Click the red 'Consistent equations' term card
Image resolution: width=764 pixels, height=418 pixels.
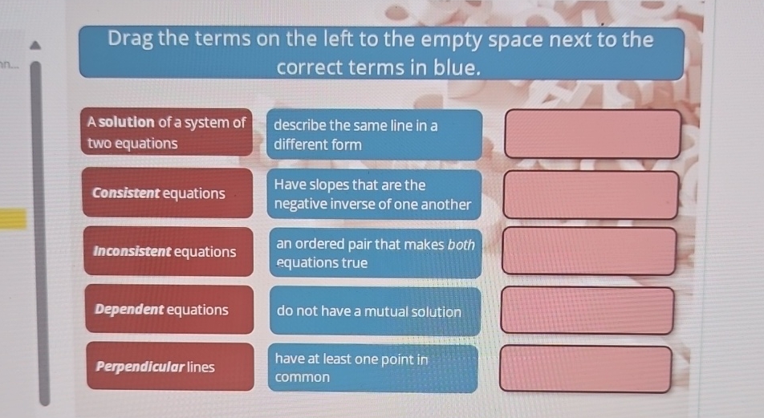pyautogui.click(x=167, y=193)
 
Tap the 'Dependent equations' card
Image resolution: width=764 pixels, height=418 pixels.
pyautogui.click(x=169, y=310)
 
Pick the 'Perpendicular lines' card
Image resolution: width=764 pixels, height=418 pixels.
pyautogui.click(x=169, y=367)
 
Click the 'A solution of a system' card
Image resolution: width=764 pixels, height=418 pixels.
pyautogui.click(x=167, y=133)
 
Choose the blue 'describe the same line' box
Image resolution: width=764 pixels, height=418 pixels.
pyautogui.click(x=374, y=135)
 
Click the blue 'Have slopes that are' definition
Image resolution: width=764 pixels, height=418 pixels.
pyautogui.click(x=374, y=195)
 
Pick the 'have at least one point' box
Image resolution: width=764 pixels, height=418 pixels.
pyautogui.click(x=374, y=368)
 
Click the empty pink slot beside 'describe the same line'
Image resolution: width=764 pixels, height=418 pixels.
pyautogui.click(x=592, y=134)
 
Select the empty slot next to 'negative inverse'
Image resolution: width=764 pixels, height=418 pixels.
pyautogui.click(x=591, y=195)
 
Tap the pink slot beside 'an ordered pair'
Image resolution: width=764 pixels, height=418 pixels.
pyautogui.click(x=589, y=251)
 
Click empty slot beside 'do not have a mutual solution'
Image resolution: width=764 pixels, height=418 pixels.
pyautogui.click(x=587, y=310)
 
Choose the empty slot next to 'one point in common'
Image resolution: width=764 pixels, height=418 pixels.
pyautogui.click(x=586, y=369)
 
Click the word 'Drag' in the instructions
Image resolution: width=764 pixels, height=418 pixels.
pyautogui.click(x=131, y=39)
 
